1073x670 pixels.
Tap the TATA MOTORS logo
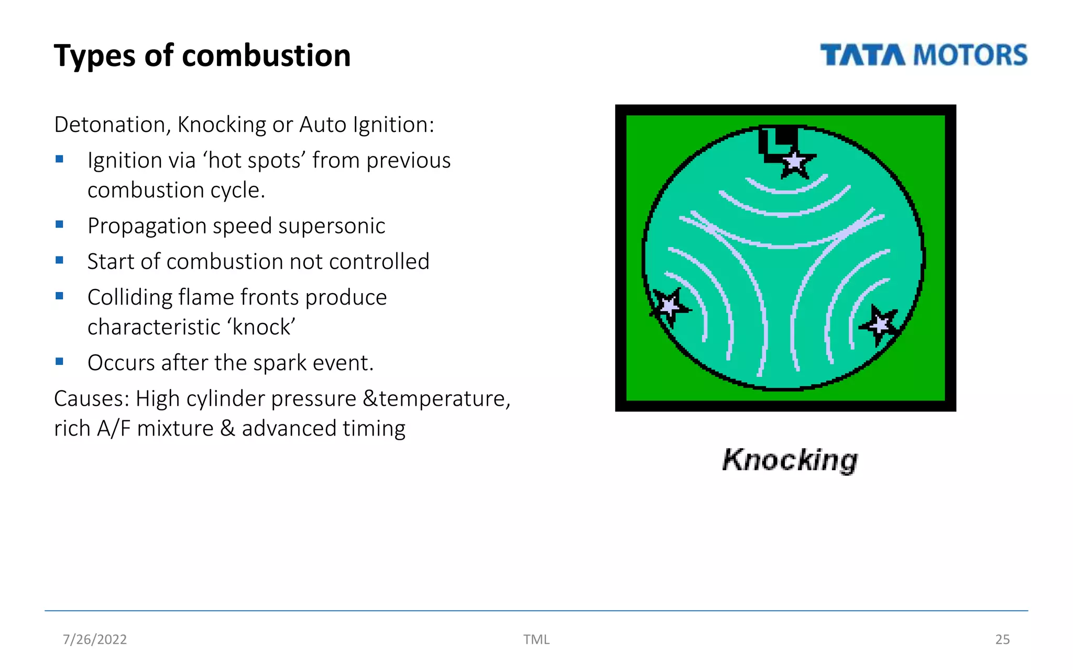click(923, 55)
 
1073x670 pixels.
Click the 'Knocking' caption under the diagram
click(790, 460)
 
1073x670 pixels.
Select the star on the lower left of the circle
click(669, 306)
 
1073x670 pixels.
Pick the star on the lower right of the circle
click(880, 325)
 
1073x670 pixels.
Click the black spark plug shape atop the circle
click(779, 139)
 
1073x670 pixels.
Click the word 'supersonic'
click(332, 226)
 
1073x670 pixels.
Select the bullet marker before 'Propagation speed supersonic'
click(60, 225)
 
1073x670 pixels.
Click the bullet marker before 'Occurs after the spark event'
click(60, 361)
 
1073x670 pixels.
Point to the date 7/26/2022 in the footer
click(95, 639)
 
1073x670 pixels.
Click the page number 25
click(1002, 639)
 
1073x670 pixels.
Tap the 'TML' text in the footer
click(536, 639)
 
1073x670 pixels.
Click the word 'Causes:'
click(92, 399)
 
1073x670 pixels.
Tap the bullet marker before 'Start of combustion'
click(60, 260)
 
